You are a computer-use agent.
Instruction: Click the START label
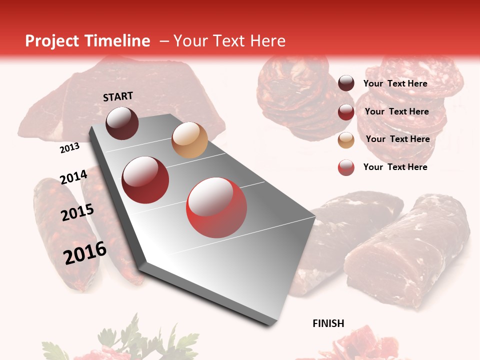tap(118, 96)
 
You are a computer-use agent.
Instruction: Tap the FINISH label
tap(328, 323)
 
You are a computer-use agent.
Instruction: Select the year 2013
tap(69, 148)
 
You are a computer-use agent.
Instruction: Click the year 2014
tap(73, 177)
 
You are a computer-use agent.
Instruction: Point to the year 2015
tap(77, 212)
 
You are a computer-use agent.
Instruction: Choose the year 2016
tap(85, 253)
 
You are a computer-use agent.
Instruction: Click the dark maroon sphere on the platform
tap(122, 123)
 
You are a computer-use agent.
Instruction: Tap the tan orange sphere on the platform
tap(189, 140)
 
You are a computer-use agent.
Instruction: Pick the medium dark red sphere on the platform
tap(145, 180)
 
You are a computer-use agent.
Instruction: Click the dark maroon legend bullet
tap(346, 83)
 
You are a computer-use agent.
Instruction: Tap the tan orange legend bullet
tap(346, 140)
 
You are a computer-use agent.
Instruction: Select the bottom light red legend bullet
tap(346, 167)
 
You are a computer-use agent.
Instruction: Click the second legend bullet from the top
tap(346, 112)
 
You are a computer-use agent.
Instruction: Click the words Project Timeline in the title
tap(87, 41)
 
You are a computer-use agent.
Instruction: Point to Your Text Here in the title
tap(229, 41)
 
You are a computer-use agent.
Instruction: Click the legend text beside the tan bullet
tap(397, 139)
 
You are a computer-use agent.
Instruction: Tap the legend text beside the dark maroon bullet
tap(395, 83)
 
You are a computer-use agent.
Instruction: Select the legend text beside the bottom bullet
tap(395, 167)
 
